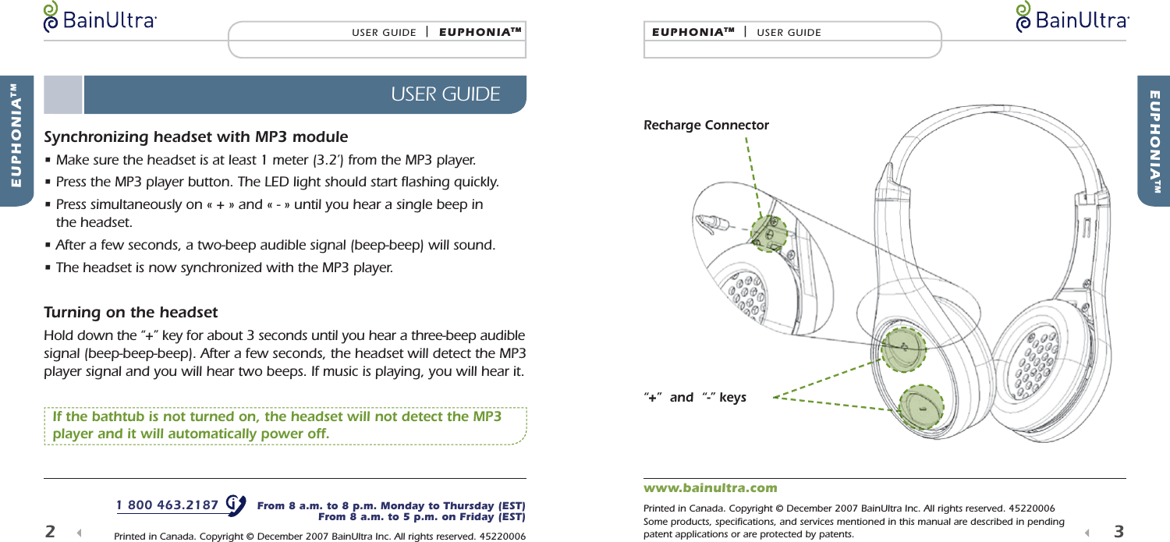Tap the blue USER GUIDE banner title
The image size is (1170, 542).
tap(445, 94)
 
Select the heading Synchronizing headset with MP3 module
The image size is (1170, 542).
tap(196, 138)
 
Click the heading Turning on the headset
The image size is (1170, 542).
tap(130, 313)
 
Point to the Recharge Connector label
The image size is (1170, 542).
tap(706, 126)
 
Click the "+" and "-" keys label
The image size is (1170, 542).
tap(694, 398)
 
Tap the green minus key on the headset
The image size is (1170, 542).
tap(921, 407)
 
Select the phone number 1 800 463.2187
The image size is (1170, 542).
tap(167, 505)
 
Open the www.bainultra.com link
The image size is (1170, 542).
tap(710, 488)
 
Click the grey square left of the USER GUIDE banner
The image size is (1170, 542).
tap(63, 94)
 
